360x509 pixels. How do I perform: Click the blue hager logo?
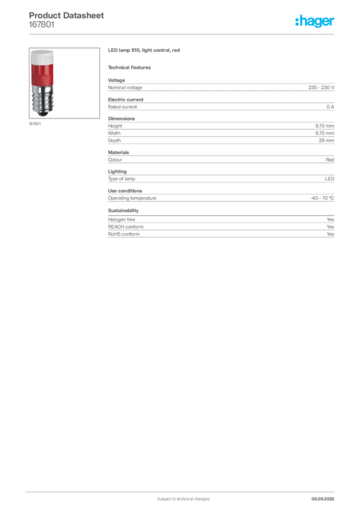click(315, 21)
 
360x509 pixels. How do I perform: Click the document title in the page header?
click(67, 15)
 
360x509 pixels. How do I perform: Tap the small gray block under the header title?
click(41, 27)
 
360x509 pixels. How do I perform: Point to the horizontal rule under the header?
click(183, 34)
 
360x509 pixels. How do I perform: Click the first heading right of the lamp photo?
click(145, 51)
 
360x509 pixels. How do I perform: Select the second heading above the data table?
click(131, 67)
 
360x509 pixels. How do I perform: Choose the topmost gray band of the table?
click(221, 87)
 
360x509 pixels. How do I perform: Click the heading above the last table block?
click(123, 210)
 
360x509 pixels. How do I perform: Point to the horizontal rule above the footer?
click(183, 490)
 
